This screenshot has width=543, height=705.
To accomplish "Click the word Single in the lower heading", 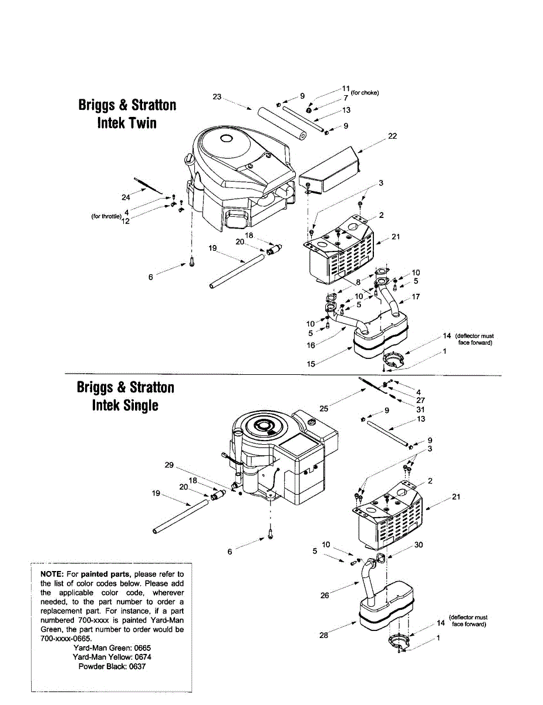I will click(x=140, y=405).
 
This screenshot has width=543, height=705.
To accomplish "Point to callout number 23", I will click(x=217, y=97).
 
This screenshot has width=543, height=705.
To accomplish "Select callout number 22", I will click(x=393, y=136).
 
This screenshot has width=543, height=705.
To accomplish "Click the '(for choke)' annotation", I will click(x=365, y=92).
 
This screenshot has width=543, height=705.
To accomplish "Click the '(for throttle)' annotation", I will click(x=106, y=216).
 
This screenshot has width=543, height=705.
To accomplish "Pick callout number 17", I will click(x=416, y=297).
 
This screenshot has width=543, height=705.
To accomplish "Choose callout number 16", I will click(x=311, y=345).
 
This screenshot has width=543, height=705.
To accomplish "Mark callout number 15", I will click(x=311, y=364).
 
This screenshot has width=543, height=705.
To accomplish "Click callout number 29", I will click(x=169, y=465).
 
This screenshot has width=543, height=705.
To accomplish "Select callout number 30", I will click(x=418, y=545).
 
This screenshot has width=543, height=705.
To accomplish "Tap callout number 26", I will click(x=325, y=596).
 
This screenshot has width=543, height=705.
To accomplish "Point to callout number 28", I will click(x=324, y=635).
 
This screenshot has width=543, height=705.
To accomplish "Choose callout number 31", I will click(x=420, y=409).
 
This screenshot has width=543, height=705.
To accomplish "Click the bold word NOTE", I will click(x=51, y=573).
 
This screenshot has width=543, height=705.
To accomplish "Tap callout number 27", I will click(x=420, y=400).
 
